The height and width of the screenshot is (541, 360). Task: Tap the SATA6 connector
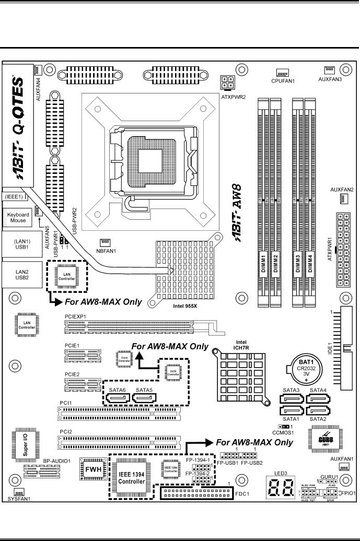click(x=118, y=399)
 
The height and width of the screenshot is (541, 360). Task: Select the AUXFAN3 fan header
click(x=329, y=69)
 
